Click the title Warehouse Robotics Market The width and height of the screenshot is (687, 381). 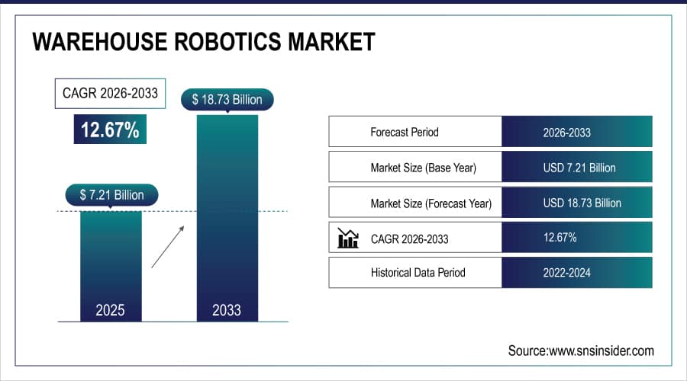204,41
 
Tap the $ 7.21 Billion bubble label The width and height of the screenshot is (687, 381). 111,195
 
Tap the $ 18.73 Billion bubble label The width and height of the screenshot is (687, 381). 227,100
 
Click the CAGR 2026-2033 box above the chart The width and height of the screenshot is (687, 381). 111,94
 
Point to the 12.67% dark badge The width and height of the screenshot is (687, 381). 111,130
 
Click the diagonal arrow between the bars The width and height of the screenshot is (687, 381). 168,246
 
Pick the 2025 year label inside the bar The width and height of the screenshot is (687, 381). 111,309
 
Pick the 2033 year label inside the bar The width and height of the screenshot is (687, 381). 227,309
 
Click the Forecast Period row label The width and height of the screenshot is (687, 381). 405,132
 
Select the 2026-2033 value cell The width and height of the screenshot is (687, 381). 577,132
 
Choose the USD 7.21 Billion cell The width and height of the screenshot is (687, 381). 577,168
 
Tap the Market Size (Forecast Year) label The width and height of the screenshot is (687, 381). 431,203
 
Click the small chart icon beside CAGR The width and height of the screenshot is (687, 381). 348,239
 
